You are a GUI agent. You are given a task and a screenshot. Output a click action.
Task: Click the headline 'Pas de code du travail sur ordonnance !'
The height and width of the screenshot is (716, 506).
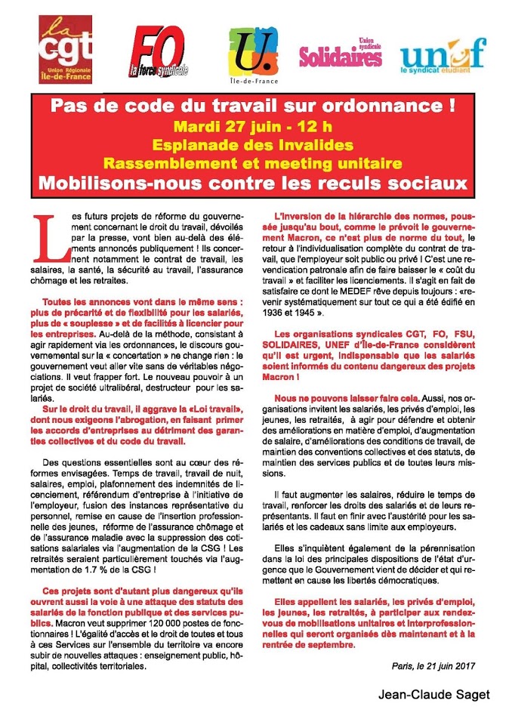[x=254, y=106]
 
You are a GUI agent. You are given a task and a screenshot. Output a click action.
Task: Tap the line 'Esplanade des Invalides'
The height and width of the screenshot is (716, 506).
[x=254, y=144]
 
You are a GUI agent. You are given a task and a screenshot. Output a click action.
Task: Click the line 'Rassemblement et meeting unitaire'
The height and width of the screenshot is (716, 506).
[x=254, y=163]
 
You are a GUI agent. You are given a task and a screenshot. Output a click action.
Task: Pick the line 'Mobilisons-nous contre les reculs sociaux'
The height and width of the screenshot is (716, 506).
[x=254, y=184]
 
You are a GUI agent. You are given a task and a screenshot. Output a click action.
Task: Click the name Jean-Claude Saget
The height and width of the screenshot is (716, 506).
[x=439, y=694]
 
